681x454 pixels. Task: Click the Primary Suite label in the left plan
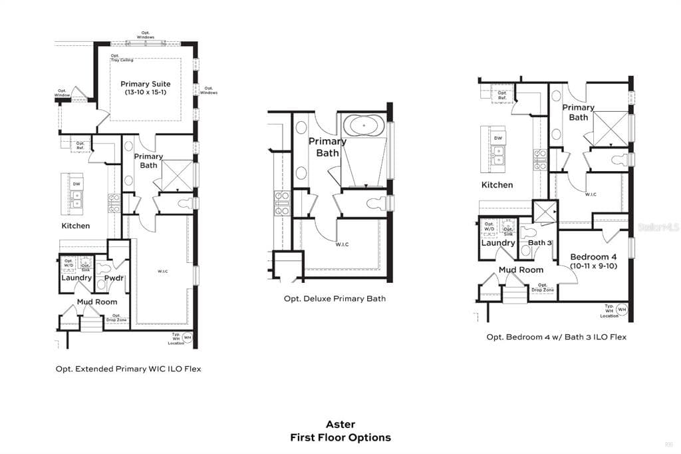(x=145, y=85)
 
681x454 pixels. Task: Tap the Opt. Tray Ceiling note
(x=122, y=58)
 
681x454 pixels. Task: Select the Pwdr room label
(x=114, y=278)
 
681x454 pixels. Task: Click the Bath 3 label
(x=540, y=243)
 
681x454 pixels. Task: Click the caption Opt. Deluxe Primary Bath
(x=335, y=298)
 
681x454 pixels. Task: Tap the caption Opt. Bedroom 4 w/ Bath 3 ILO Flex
(x=556, y=337)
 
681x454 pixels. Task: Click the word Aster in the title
(x=340, y=424)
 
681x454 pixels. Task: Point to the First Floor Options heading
(x=340, y=437)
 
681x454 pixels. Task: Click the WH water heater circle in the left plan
(x=187, y=338)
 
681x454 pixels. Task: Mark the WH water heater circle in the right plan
(x=622, y=310)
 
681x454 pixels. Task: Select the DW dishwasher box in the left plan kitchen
(x=76, y=184)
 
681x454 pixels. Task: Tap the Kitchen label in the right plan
(x=497, y=184)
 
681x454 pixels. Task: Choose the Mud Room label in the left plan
(x=96, y=302)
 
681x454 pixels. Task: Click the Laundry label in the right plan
(x=498, y=243)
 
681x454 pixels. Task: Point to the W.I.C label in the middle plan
(x=342, y=244)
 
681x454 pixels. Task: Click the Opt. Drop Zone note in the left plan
(x=116, y=318)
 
